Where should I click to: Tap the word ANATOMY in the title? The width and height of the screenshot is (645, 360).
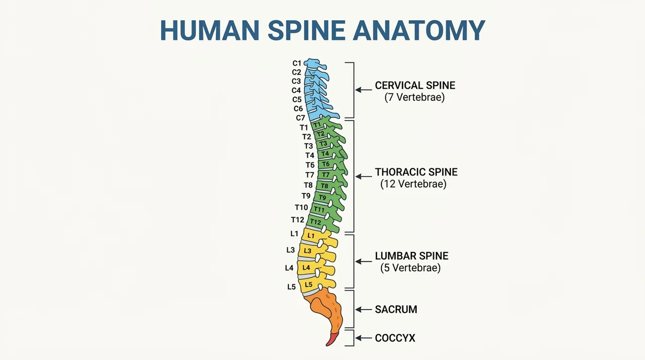[419, 30]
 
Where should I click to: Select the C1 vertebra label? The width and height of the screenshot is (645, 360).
[297, 63]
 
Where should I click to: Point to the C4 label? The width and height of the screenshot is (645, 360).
[296, 90]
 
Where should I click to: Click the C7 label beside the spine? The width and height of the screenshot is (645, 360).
[300, 118]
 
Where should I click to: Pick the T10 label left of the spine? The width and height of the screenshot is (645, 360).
[301, 207]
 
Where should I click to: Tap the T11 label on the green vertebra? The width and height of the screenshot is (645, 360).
[319, 209]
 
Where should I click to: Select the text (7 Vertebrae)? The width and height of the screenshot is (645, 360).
[415, 97]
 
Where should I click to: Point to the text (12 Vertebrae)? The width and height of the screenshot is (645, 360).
[413, 184]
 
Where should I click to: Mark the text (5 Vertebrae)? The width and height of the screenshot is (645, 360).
[410, 268]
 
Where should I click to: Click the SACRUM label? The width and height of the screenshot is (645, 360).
[396, 310]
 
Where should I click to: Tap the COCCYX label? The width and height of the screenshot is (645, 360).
[395, 338]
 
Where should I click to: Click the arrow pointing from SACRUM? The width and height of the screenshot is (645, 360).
[364, 310]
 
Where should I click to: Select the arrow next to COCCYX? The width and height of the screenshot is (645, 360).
[364, 338]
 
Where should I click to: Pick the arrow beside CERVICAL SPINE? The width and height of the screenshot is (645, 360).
[364, 90]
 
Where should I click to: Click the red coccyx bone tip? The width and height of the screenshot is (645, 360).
[332, 339]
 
